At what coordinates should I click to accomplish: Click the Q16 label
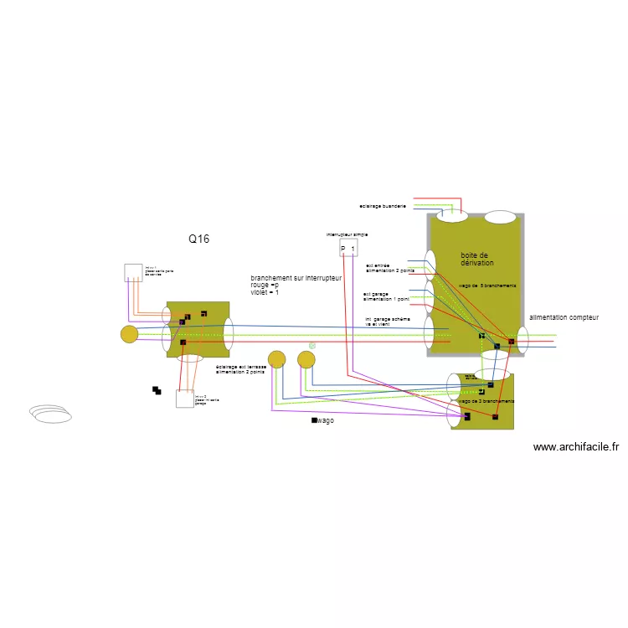(198, 239)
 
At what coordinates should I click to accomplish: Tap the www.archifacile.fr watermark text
(575, 447)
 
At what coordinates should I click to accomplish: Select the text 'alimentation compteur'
(564, 318)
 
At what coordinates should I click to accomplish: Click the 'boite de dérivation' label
(476, 260)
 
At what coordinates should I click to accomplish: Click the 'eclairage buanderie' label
(383, 206)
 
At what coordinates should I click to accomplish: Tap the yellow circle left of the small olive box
(129, 334)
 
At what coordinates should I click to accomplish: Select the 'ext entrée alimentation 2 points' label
(389, 269)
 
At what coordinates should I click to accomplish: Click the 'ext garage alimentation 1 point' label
(386, 296)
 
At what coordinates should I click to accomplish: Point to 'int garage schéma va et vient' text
(388, 322)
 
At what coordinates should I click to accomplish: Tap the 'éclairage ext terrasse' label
(240, 369)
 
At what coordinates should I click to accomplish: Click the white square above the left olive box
(133, 272)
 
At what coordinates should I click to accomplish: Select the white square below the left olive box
(184, 399)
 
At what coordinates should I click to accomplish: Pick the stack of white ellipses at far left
(51, 414)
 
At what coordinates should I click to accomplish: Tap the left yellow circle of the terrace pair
(276, 359)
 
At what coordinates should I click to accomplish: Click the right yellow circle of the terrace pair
(306, 359)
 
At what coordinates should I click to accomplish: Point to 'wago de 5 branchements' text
(487, 286)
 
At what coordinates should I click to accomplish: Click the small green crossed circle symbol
(312, 345)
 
